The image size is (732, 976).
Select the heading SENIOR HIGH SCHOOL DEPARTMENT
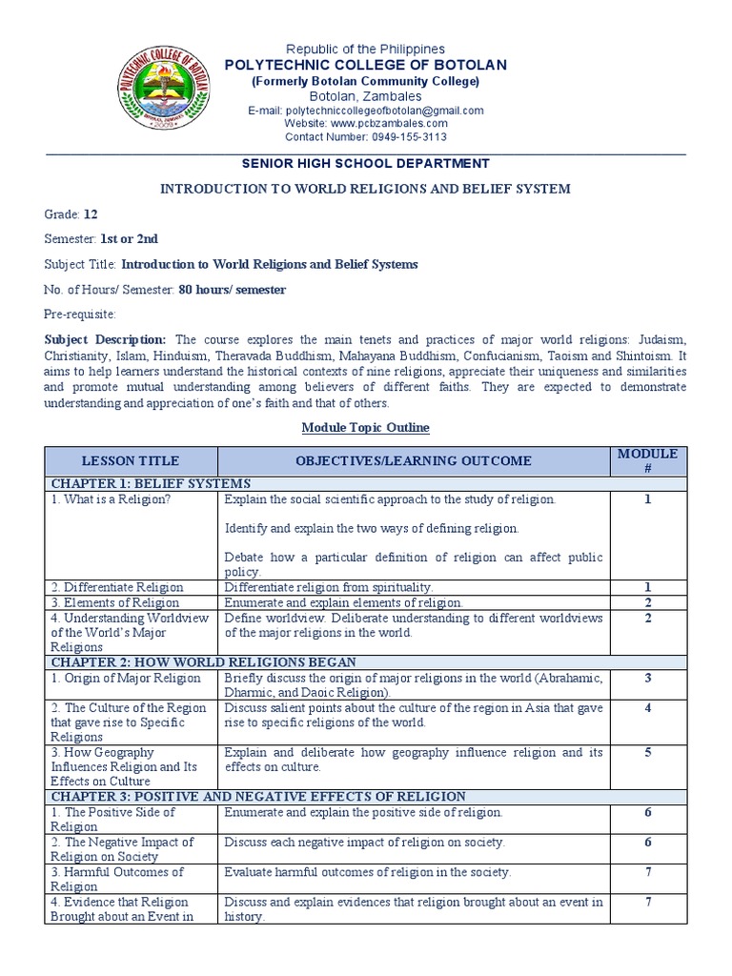tap(365, 164)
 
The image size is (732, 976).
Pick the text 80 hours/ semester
tap(232, 289)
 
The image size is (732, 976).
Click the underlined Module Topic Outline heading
tap(365, 427)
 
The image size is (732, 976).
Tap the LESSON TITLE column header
tap(130, 460)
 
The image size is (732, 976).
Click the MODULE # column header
tap(647, 460)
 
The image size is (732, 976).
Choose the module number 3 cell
tap(647, 678)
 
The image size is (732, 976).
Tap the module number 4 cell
tap(647, 708)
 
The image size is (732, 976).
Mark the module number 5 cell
tap(647, 753)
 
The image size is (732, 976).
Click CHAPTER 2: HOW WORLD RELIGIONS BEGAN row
tap(204, 662)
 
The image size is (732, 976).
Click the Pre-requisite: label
tap(79, 314)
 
